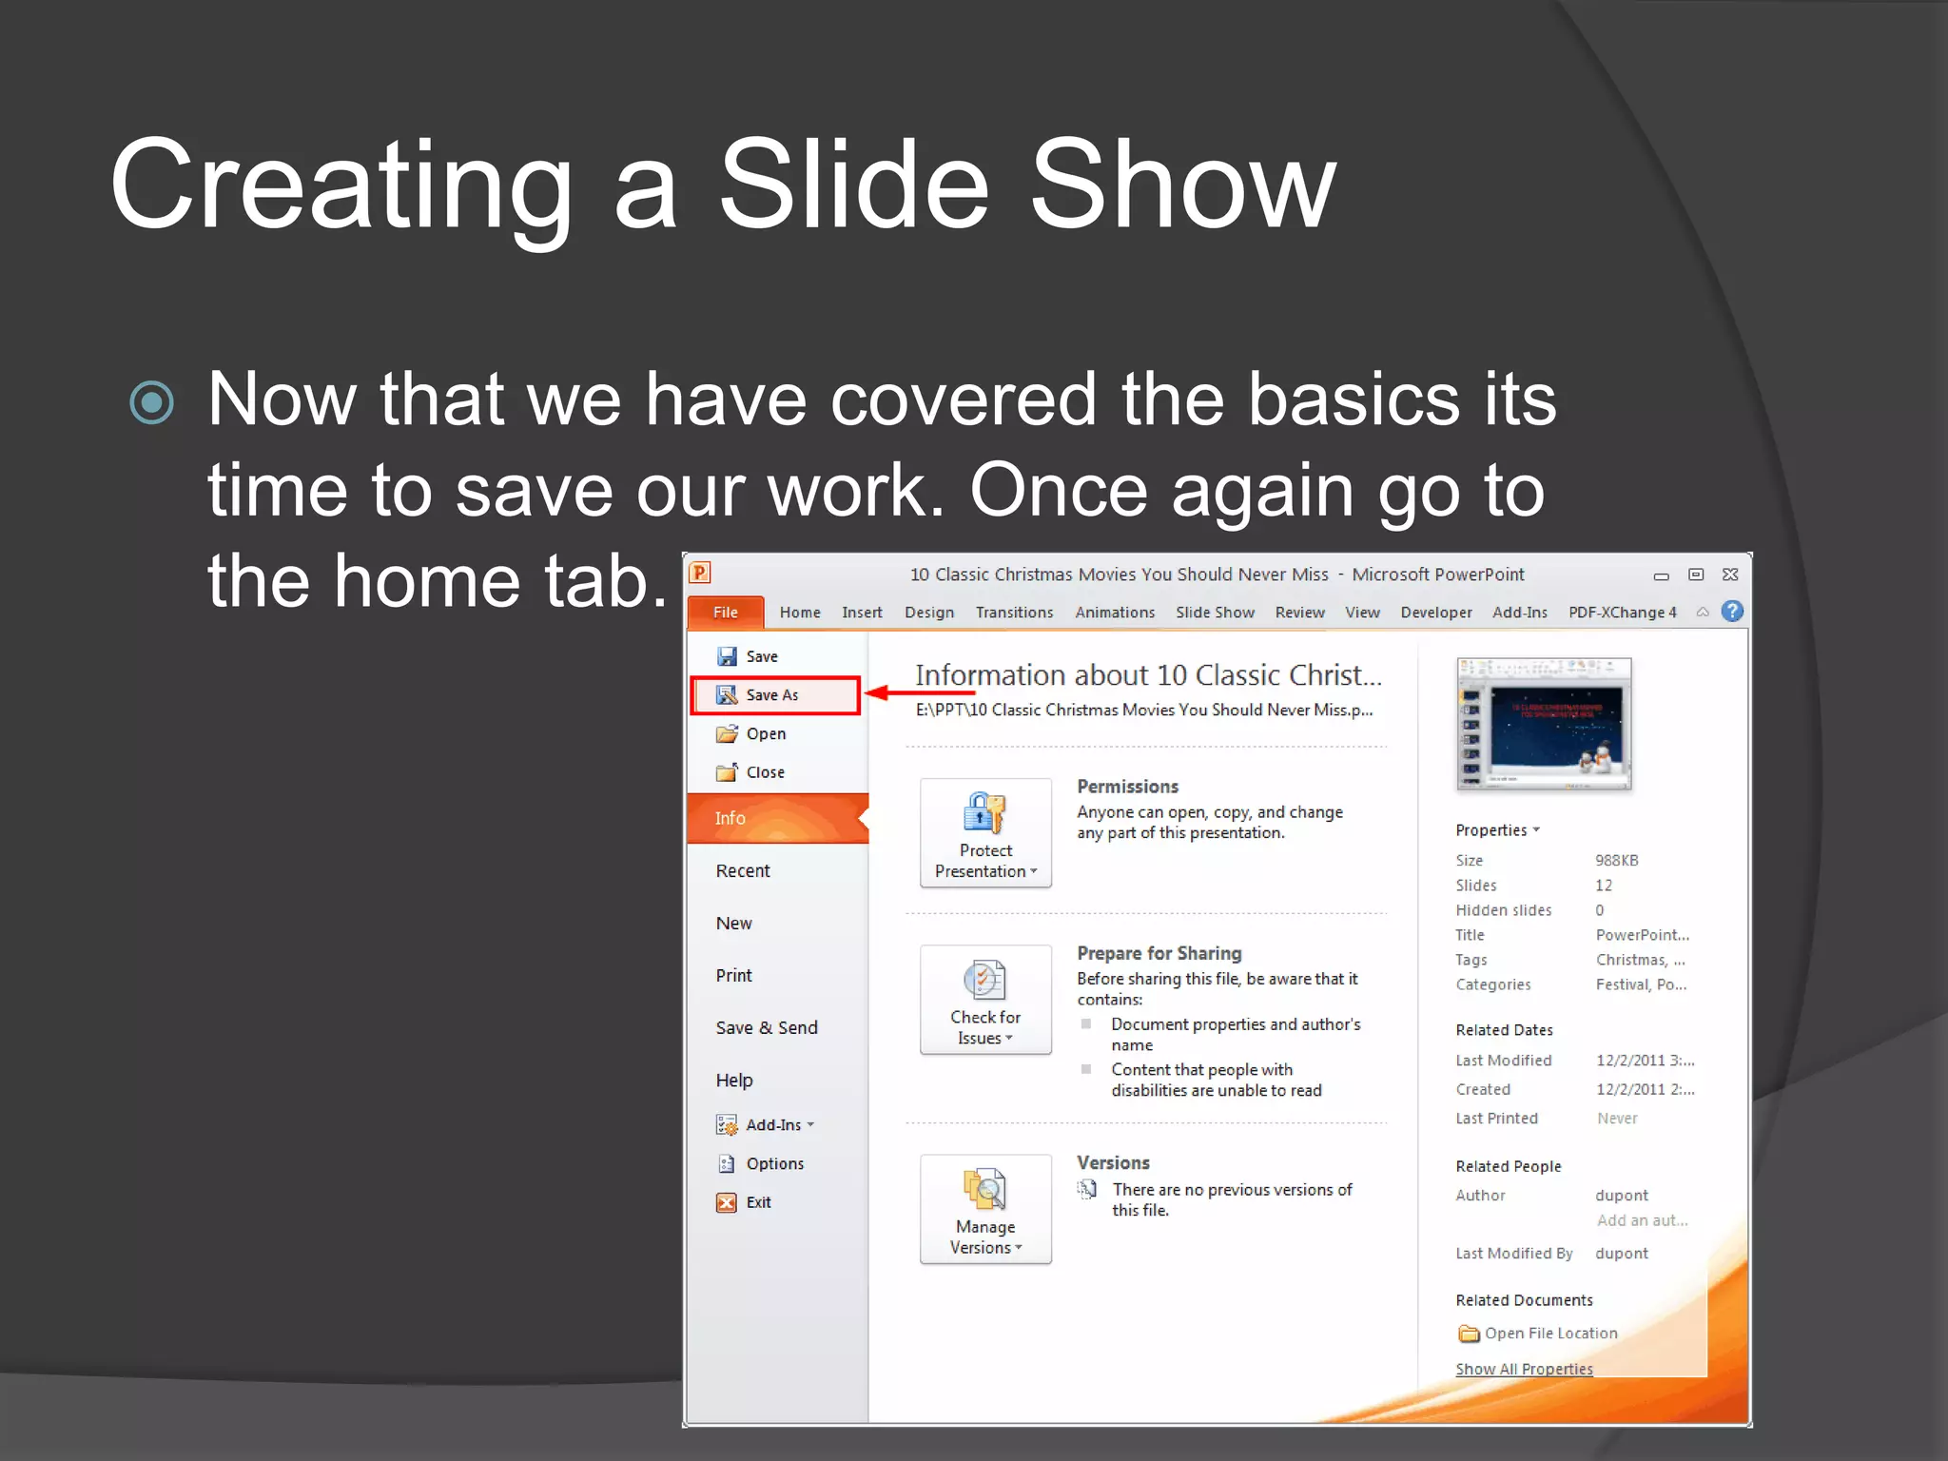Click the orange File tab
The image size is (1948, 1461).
(x=725, y=613)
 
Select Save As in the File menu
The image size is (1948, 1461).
(x=772, y=695)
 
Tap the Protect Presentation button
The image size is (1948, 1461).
(x=985, y=833)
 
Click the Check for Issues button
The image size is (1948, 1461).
(x=985, y=1000)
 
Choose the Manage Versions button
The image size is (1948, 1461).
(x=985, y=1209)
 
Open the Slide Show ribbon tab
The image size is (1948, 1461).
(x=1215, y=613)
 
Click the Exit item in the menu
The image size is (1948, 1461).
(x=758, y=1202)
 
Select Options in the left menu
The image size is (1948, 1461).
(x=774, y=1163)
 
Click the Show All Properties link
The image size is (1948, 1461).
(x=1524, y=1369)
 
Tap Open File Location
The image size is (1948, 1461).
(x=1550, y=1334)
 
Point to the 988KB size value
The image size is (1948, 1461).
(x=1616, y=860)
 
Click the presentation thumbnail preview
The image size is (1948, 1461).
(x=1544, y=724)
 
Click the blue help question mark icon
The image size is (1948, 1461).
(x=1733, y=612)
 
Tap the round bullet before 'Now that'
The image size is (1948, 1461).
(x=152, y=401)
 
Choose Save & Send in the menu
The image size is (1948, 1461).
(x=767, y=1027)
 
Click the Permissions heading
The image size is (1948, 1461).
(x=1127, y=787)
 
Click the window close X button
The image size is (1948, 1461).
(x=1730, y=575)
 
